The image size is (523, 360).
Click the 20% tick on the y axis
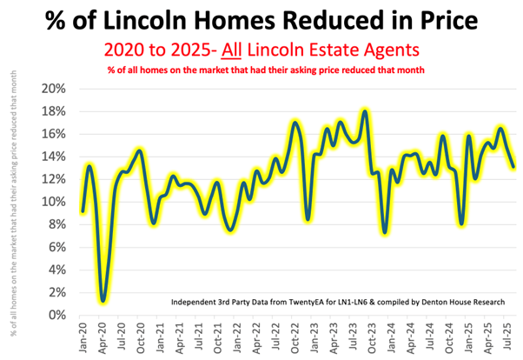pyautogui.click(x=54, y=89)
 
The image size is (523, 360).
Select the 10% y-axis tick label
pyautogui.click(x=54, y=202)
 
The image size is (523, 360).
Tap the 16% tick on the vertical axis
pyautogui.click(x=54, y=134)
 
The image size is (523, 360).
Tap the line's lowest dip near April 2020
pyautogui.click(x=103, y=301)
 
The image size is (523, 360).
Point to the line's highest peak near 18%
pyautogui.click(x=365, y=111)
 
